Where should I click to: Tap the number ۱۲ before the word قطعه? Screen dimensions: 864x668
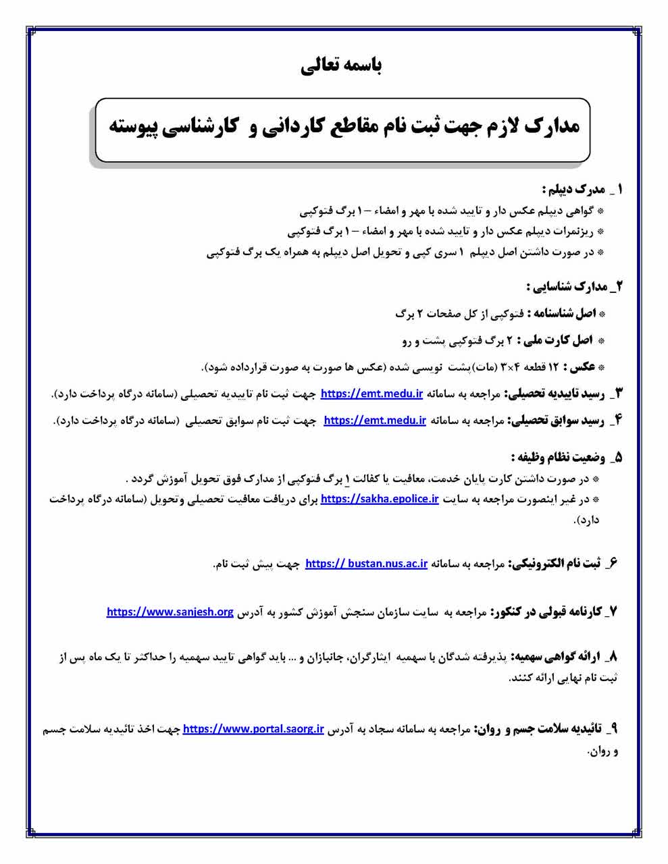coord(555,367)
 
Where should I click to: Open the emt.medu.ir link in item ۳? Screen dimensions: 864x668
coord(371,393)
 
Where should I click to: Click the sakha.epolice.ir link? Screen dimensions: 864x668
coord(380,500)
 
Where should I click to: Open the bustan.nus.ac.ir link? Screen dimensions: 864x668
coord(366,564)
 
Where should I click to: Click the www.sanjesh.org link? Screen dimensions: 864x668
coord(170,612)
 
